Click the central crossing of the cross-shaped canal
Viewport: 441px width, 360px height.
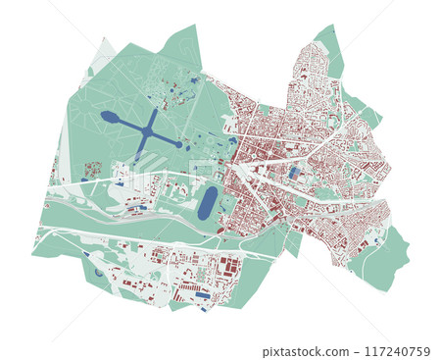pos(147,131)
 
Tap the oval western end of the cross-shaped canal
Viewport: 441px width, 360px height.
pos(109,117)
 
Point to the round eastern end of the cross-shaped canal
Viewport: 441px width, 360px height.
pos(177,144)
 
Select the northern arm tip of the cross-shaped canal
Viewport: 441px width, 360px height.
pos(155,111)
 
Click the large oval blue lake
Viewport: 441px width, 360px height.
pos(207,203)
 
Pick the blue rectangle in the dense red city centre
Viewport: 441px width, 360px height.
pos(295,173)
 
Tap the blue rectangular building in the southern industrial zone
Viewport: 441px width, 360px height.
pos(202,294)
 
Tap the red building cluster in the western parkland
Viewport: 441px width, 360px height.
pos(92,171)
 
